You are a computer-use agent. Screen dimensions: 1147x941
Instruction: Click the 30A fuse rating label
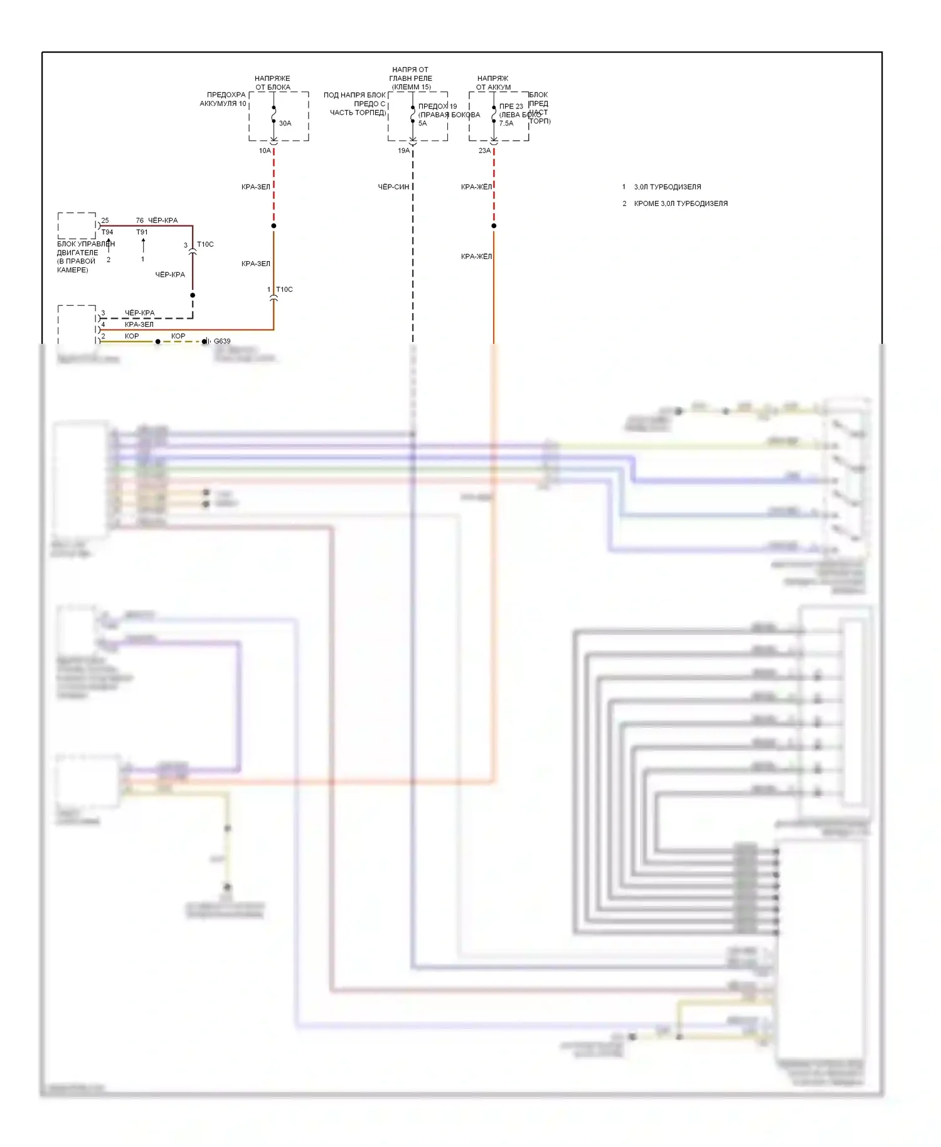[285, 124]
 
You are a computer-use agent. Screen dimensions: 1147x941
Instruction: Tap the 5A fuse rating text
[422, 124]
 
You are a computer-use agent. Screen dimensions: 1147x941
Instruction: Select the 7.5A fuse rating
[506, 124]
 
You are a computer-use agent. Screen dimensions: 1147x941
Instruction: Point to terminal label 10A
[265, 151]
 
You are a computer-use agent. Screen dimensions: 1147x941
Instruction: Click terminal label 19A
[403, 151]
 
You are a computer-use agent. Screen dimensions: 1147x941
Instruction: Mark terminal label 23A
[484, 151]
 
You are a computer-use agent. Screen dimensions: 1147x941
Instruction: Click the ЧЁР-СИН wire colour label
[393, 187]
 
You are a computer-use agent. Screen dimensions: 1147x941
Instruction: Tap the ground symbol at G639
[205, 341]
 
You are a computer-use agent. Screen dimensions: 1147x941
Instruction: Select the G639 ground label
[222, 341]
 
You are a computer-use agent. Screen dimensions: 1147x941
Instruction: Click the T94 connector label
[107, 232]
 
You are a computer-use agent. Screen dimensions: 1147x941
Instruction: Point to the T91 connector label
[142, 232]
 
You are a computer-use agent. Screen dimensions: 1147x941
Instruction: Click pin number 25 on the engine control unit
[105, 221]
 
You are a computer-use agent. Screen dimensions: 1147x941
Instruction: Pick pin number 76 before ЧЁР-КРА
[140, 221]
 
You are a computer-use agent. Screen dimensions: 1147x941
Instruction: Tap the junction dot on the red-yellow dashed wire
[494, 226]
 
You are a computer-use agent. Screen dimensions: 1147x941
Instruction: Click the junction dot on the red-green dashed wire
[274, 226]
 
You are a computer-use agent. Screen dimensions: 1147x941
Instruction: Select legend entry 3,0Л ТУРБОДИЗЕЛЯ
[667, 187]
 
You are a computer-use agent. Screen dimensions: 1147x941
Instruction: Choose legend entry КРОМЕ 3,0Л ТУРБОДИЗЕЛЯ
[681, 204]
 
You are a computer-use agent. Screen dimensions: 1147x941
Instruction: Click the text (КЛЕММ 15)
[411, 87]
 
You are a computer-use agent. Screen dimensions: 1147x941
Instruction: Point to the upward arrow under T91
[143, 245]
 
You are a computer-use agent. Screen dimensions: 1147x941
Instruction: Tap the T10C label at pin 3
[205, 245]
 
